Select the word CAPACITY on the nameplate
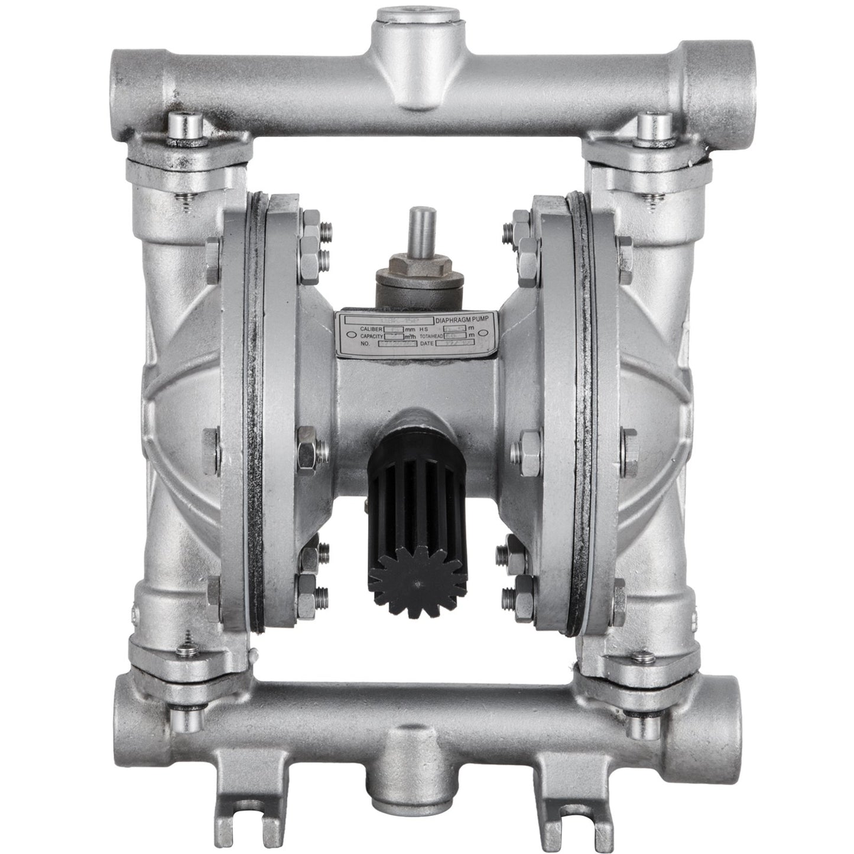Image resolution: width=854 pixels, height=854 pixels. click(x=372, y=336)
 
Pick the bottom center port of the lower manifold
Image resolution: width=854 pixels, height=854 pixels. click(x=415, y=824)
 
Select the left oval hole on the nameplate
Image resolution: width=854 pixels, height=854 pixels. click(x=346, y=336)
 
